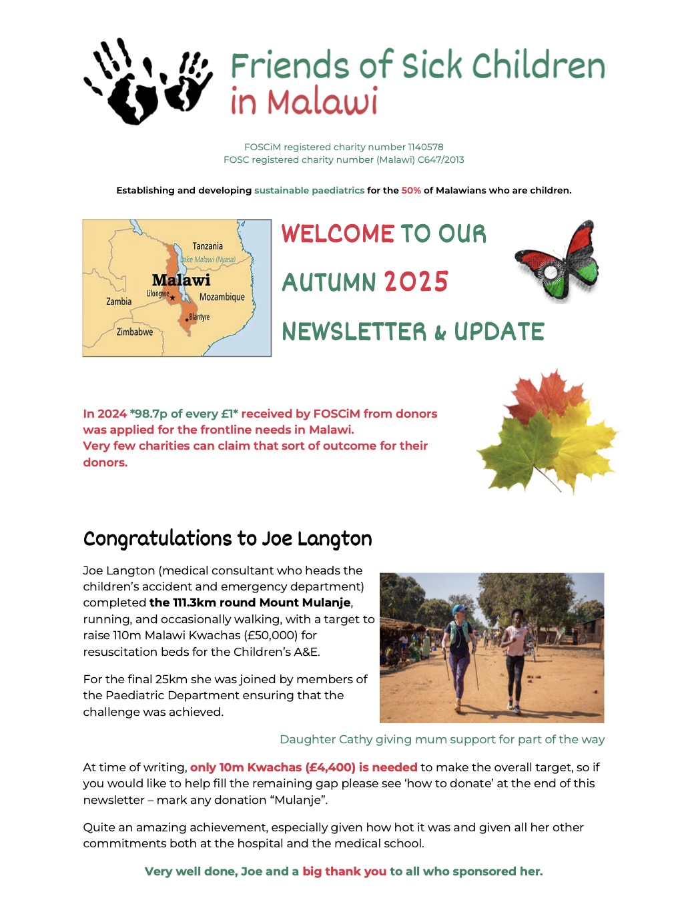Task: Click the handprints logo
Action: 148,81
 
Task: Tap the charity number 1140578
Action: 426,147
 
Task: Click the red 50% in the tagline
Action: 411,191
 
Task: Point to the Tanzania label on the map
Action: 208,246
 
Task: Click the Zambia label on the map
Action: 119,302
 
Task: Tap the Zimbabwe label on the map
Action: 135,332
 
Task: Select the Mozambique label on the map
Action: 222,297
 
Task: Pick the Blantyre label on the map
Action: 200,317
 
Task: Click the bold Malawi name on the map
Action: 181,280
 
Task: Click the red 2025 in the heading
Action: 416,282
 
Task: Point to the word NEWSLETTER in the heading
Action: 354,332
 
